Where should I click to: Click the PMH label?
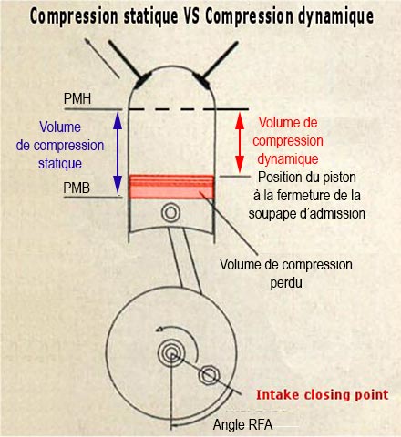pos(77,98)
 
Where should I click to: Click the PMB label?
pos(77,188)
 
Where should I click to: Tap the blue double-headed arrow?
pos(118,153)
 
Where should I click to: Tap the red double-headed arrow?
pos(240,143)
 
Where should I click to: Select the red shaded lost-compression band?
pos(171,187)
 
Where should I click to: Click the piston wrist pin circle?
pos(170,213)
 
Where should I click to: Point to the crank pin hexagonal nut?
pos(209,376)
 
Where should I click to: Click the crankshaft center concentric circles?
pos(171,352)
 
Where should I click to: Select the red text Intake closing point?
pos(323,395)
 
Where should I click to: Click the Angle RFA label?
pos(242,424)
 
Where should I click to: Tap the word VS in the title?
pos(191,16)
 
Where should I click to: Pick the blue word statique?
pos(60,164)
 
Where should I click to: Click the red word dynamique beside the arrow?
pos(288,159)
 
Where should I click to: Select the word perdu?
pos(286,283)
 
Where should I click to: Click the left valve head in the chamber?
pos(142,80)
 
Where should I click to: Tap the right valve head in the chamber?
pos(201,81)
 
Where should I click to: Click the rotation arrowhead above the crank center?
pos(159,329)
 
